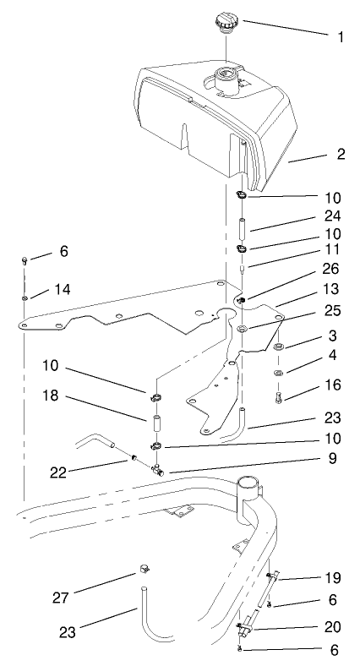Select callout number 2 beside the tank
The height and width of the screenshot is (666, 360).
point(318,155)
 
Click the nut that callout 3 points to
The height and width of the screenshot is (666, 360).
point(280,347)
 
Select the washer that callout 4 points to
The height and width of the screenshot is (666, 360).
point(280,372)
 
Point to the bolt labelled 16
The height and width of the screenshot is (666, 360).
point(280,393)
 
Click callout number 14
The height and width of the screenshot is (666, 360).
point(62,290)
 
